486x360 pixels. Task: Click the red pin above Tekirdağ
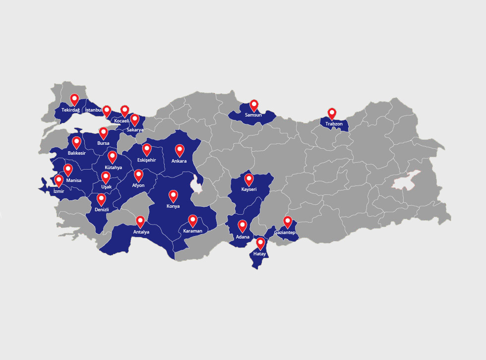click(x=74, y=99)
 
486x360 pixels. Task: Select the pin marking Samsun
click(x=254, y=105)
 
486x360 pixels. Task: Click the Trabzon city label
click(x=334, y=123)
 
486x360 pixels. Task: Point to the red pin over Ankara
click(x=180, y=150)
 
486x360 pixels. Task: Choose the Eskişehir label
click(x=147, y=160)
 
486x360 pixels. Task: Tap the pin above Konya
click(x=173, y=195)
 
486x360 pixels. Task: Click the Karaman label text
click(x=192, y=231)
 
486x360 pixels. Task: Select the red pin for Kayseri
click(x=249, y=179)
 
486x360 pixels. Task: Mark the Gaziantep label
click(x=285, y=233)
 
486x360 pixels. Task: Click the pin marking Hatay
click(x=260, y=243)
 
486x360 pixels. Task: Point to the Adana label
click(x=243, y=237)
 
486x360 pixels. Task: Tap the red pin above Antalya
click(x=140, y=221)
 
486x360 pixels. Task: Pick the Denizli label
click(x=101, y=210)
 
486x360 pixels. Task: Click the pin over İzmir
click(x=59, y=180)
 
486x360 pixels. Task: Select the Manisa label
click(x=73, y=180)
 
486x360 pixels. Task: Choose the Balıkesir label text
click(x=77, y=153)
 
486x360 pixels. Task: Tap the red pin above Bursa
click(x=103, y=132)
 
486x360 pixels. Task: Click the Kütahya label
click(x=113, y=168)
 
